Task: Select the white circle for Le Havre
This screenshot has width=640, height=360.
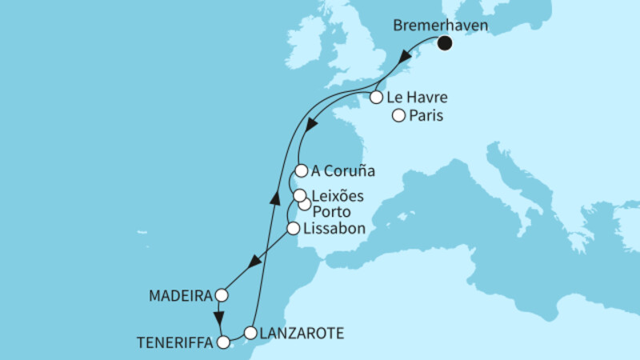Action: [x=375, y=98]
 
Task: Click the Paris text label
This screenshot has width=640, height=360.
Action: [x=427, y=117]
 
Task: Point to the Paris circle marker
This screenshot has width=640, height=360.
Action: [x=398, y=117]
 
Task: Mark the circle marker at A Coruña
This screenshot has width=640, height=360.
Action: [x=301, y=170]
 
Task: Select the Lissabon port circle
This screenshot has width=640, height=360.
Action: [x=293, y=229]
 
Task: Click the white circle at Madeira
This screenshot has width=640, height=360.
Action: [x=221, y=295]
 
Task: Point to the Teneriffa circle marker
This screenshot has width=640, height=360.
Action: [x=224, y=342]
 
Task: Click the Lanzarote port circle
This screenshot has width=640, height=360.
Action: [x=250, y=333]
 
